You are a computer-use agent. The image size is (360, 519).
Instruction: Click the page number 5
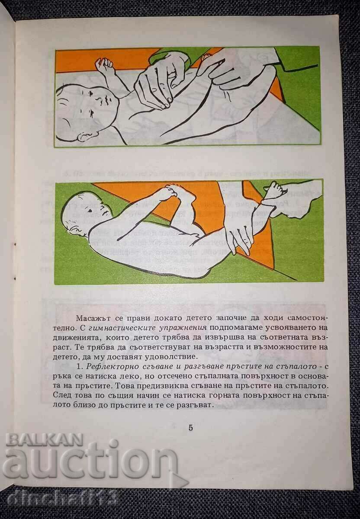click(x=191, y=428)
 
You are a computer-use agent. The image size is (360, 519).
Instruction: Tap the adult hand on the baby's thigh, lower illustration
click(x=239, y=234)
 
